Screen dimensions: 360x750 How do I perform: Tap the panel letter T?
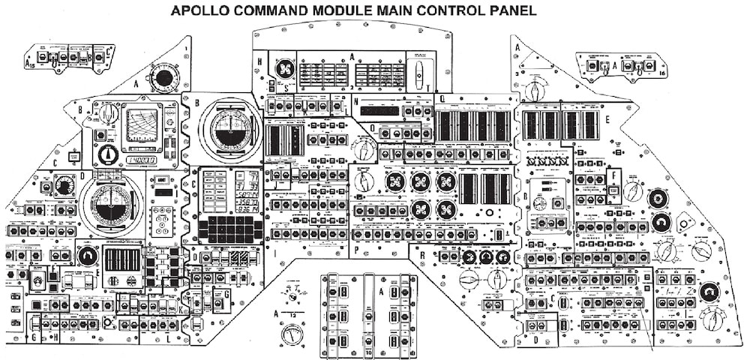(427, 88)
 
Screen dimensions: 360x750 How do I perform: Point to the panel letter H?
(259, 61)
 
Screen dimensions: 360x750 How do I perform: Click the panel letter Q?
(442, 99)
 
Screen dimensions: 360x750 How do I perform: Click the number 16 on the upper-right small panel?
(661, 73)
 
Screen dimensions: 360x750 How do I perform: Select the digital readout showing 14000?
(140, 160)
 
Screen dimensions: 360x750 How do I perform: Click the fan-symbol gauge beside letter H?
(283, 68)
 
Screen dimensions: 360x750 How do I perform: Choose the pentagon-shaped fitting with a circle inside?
(684, 222)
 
